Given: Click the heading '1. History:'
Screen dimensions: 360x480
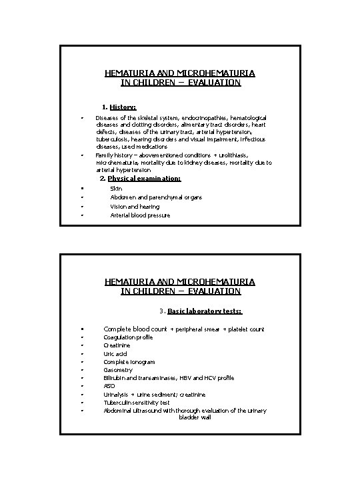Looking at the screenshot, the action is (119, 107).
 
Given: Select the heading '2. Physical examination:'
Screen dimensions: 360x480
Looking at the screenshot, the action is (139, 179).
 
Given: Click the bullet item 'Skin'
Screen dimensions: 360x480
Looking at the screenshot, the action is (116, 189).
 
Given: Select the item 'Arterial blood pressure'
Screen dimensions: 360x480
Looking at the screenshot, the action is (140, 215).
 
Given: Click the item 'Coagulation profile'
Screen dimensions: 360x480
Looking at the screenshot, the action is (128, 337).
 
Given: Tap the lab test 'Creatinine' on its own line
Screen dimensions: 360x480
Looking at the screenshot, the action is (117, 345).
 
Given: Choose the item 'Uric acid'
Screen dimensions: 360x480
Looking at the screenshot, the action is (115, 353).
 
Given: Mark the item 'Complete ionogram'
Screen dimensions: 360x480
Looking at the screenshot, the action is (129, 362).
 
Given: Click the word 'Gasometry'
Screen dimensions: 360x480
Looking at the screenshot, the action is (118, 370).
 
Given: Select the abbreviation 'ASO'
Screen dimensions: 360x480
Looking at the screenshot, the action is (109, 386).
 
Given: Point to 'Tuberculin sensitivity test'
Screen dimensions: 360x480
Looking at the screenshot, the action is (137, 403).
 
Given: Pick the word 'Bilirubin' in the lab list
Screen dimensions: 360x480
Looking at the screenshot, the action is (115, 378).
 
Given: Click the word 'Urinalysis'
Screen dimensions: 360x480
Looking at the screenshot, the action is (117, 395).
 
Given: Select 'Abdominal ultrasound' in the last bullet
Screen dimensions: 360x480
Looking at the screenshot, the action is (130, 411).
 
